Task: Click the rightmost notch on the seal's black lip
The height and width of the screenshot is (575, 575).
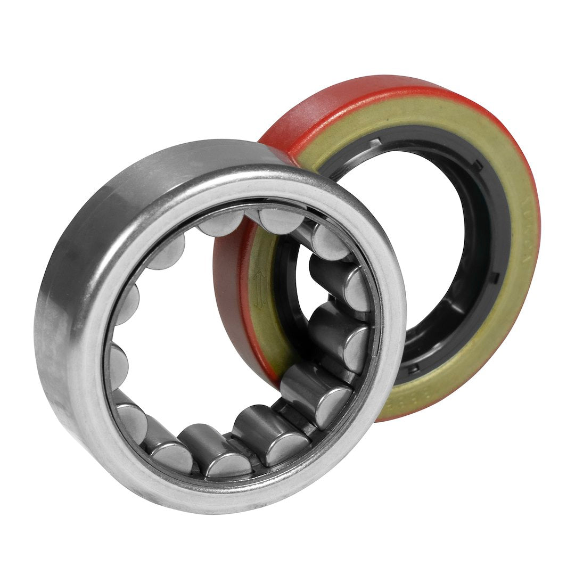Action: pyautogui.click(x=495, y=277)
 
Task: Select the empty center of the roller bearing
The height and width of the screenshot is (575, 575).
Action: pyautogui.click(x=213, y=330)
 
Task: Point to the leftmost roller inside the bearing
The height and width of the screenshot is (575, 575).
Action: pyautogui.click(x=118, y=362)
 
